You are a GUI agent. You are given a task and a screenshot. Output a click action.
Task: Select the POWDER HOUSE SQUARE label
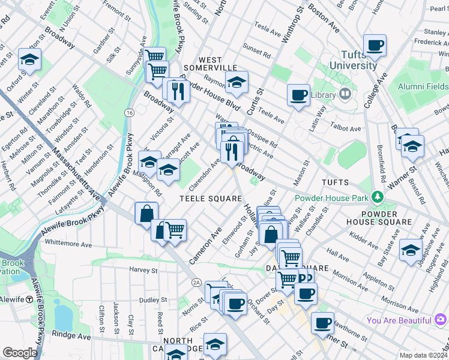tap(387, 218)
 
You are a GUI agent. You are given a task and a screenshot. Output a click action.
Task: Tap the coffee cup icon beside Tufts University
tap(375, 45)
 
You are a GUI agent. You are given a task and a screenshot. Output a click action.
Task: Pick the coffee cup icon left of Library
tap(298, 95)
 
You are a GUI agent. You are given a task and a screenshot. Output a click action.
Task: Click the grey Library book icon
tap(345, 94)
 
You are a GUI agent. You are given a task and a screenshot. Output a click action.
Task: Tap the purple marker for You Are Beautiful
tap(441, 320)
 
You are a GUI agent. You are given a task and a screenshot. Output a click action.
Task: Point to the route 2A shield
tap(196, 282)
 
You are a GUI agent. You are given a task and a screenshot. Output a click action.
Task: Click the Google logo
tap(20, 353)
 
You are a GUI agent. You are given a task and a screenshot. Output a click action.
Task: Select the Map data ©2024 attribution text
tap(423, 355)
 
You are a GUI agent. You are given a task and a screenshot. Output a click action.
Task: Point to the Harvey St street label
tap(142, 270)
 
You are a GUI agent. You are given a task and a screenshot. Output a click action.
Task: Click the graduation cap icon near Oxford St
tap(29, 59)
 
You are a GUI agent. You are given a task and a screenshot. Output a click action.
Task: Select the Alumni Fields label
tap(423, 86)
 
